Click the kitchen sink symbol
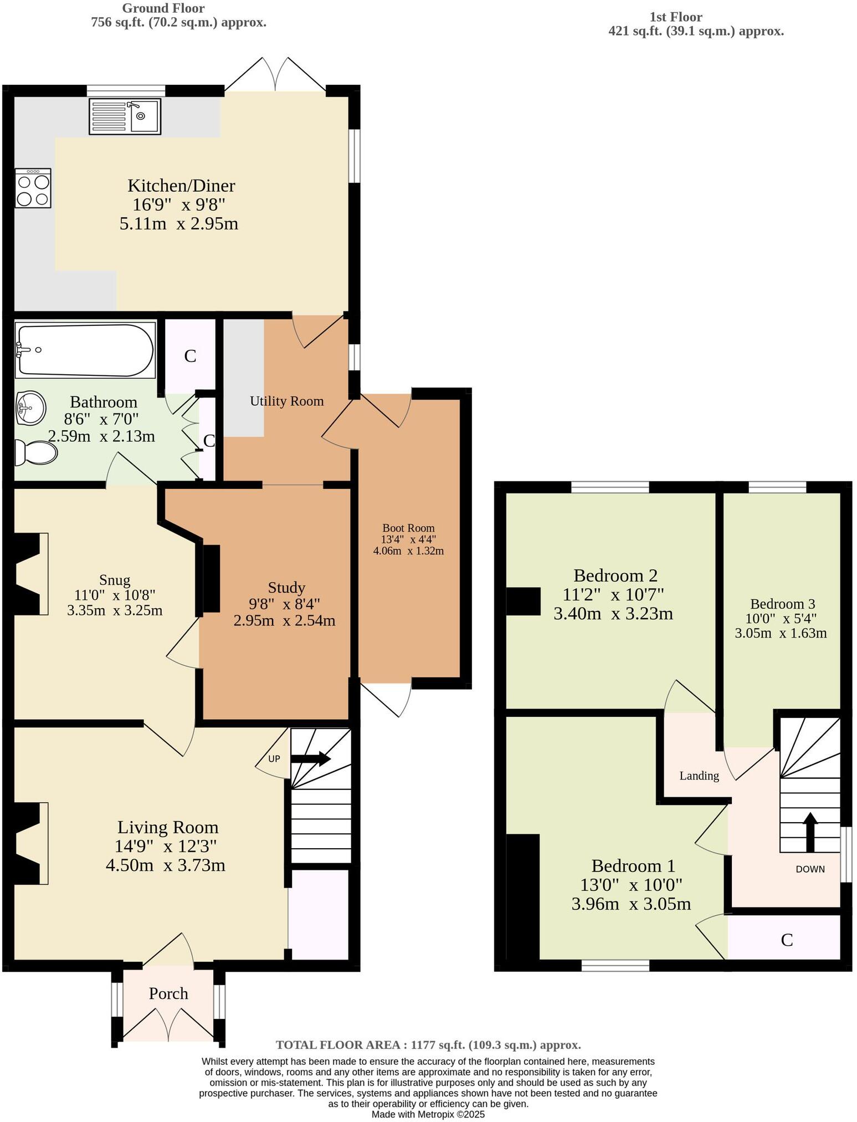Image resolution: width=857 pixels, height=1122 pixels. coord(125,116)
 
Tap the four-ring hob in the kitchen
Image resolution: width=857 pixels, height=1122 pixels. coord(33,188)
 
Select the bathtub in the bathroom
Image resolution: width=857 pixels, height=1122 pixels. coord(86,350)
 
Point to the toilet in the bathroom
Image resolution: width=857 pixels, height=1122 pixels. coord(36,453)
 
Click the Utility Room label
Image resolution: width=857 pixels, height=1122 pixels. coord(286,401)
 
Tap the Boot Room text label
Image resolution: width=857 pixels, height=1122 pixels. coord(408,528)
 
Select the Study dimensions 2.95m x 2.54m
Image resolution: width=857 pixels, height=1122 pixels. coord(284,620)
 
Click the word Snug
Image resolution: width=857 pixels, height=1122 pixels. coord(115,580)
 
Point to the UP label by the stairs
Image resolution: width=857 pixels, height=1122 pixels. coord(274,759)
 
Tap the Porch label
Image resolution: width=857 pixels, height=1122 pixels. coord(168,993)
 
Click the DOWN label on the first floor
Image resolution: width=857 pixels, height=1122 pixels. coord(810,869)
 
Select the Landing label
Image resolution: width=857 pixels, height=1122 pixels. coord(699,776)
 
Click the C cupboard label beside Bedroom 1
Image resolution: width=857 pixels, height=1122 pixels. coord(787,940)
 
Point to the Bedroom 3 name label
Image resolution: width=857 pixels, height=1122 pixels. coord(782,604)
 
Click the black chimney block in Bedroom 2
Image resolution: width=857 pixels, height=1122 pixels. coord(523,601)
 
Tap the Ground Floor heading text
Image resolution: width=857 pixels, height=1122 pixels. coord(163,8)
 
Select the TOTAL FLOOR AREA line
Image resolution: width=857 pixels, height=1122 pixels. coord(428,1045)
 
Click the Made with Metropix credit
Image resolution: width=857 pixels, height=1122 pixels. coord(428,1114)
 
